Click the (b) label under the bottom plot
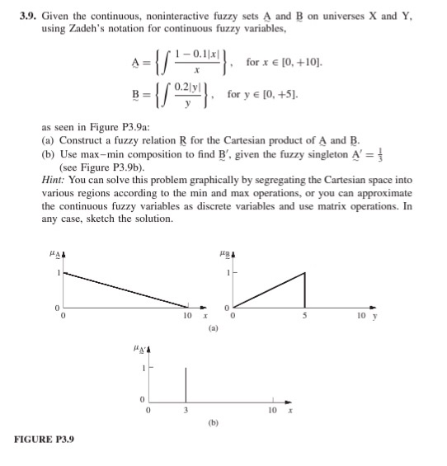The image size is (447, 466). (x=213, y=429)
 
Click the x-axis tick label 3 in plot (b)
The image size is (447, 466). (x=186, y=410)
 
